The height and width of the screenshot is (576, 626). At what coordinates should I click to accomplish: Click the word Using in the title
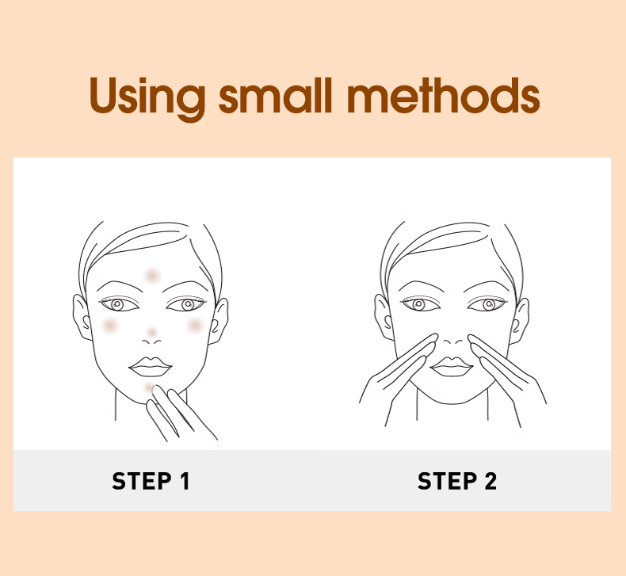(147, 97)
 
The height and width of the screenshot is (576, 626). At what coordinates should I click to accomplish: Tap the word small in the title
(276, 95)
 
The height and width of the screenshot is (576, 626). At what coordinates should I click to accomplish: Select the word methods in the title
(444, 95)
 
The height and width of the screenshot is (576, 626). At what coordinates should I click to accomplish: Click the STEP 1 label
(151, 481)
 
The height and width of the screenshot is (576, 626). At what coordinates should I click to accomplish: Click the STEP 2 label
(457, 481)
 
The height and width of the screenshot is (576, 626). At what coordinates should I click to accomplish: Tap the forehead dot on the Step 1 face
(151, 276)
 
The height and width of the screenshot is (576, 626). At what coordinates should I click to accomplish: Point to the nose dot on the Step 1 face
(151, 332)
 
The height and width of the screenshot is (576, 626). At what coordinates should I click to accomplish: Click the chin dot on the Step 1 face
(149, 387)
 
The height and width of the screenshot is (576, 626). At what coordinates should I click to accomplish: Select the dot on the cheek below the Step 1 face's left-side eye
(109, 326)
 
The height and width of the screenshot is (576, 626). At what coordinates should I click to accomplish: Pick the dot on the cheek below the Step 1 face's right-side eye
(195, 326)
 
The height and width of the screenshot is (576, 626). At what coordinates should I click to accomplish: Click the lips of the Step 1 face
(150, 366)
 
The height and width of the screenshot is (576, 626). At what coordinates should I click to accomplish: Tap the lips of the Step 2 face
(452, 366)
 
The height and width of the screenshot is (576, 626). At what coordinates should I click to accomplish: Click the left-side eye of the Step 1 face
(119, 304)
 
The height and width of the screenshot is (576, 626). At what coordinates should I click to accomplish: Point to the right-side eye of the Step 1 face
(186, 304)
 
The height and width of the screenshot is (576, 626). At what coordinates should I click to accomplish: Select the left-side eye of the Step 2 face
(420, 304)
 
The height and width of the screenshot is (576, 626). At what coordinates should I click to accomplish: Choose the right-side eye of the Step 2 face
(487, 304)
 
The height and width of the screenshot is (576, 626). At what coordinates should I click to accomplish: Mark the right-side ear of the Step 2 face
(521, 320)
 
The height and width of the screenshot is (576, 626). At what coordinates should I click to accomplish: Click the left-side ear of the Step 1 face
(82, 318)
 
